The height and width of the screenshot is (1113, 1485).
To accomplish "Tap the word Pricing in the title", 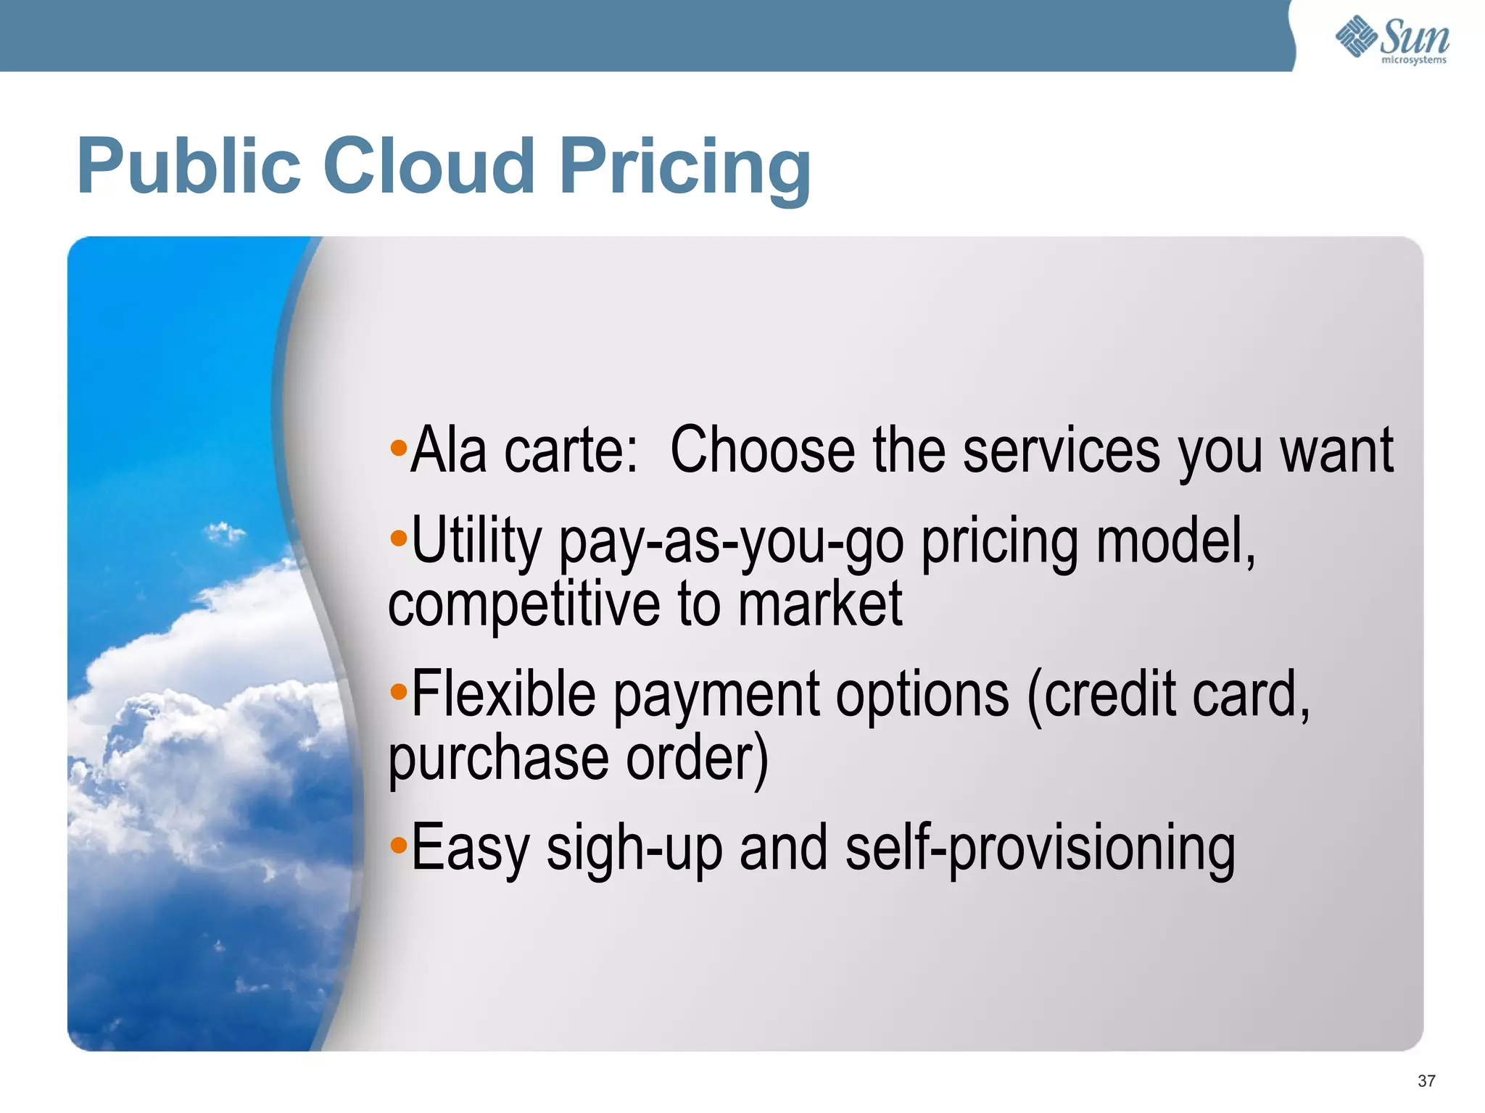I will tap(685, 168).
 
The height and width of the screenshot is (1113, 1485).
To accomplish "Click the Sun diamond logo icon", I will tap(1356, 36).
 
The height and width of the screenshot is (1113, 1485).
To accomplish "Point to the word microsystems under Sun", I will tap(1413, 60).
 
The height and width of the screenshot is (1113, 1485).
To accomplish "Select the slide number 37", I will tap(1426, 1081).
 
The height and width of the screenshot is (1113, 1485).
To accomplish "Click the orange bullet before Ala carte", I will tap(398, 447).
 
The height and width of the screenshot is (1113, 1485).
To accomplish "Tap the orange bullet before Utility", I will tap(398, 538).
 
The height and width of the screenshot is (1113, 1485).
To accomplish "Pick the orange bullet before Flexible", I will tap(398, 692).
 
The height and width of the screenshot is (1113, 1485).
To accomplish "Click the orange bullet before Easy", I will tap(398, 845).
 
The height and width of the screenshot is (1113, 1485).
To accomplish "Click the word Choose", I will tap(761, 451).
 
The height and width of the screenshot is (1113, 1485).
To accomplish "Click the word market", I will tap(819, 604).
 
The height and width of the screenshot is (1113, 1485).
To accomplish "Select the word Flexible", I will tap(503, 694).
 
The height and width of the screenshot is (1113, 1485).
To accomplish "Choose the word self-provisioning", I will tap(1040, 848).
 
